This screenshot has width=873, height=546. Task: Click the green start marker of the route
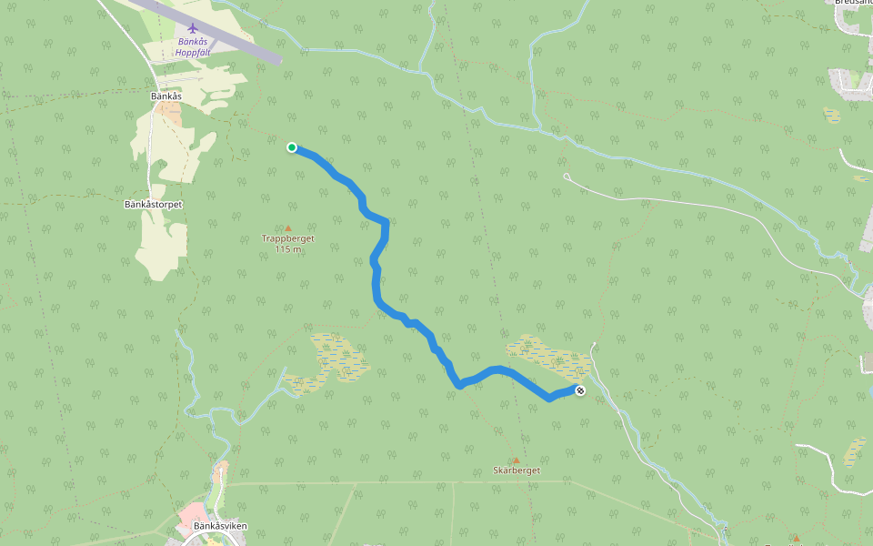[292, 147]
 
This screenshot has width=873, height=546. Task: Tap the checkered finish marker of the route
[580, 390]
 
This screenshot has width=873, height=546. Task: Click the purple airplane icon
[192, 27]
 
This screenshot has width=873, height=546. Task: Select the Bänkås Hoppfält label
[192, 47]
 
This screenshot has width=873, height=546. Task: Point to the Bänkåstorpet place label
[154, 205]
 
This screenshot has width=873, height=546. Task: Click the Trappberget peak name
[288, 238]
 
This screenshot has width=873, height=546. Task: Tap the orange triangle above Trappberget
[288, 227]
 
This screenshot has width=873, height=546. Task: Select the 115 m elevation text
[288, 249]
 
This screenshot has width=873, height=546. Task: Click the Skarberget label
[517, 470]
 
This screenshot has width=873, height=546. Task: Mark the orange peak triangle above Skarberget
[516, 460]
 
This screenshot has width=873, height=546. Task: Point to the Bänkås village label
[166, 96]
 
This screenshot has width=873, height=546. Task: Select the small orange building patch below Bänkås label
[169, 110]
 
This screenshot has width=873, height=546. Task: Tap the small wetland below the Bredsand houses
[832, 115]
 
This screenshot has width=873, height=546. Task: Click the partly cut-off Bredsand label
[852, 3]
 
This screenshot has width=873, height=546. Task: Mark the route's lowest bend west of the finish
[549, 399]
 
